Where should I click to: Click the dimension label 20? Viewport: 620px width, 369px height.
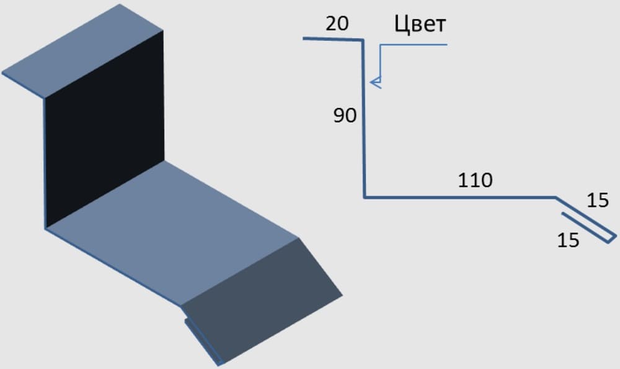point(337,24)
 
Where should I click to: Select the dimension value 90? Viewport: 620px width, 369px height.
point(345,116)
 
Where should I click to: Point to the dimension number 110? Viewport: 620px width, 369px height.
point(475,181)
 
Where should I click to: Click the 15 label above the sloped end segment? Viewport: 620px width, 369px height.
point(598,200)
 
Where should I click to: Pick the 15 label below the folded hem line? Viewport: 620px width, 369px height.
point(568,240)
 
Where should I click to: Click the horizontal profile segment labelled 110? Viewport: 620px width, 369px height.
point(459,198)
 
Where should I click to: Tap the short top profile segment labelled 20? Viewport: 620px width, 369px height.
point(332,39)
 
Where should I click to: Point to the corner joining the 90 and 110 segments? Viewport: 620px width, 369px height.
point(364,198)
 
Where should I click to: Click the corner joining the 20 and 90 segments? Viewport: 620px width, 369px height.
point(363,40)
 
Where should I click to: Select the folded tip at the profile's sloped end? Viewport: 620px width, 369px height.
point(613,236)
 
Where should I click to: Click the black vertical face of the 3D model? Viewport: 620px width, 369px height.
point(102,137)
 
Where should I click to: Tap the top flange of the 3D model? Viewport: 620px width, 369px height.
point(84,50)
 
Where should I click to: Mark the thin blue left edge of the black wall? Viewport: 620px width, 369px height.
point(45,162)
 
